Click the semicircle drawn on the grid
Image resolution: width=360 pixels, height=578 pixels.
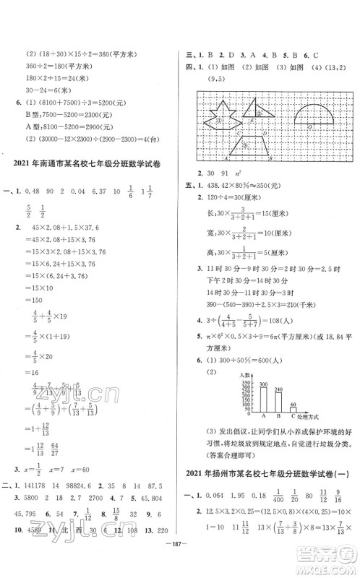[x=312, y=116]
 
